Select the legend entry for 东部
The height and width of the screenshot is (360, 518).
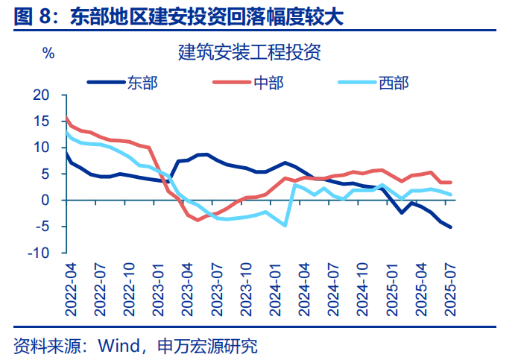[x=142, y=80]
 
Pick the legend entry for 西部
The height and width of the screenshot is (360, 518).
[x=394, y=80]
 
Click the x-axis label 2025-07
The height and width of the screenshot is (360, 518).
[x=450, y=287]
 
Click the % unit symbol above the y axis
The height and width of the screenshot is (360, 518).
[x=48, y=53]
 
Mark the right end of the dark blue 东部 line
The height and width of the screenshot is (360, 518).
[x=450, y=227]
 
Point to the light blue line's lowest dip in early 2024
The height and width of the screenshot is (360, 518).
[x=285, y=225]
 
